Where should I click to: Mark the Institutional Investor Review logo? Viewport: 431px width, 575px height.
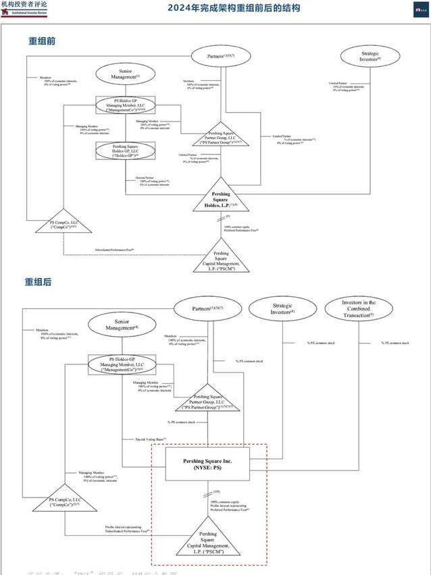tap(24, 7)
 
